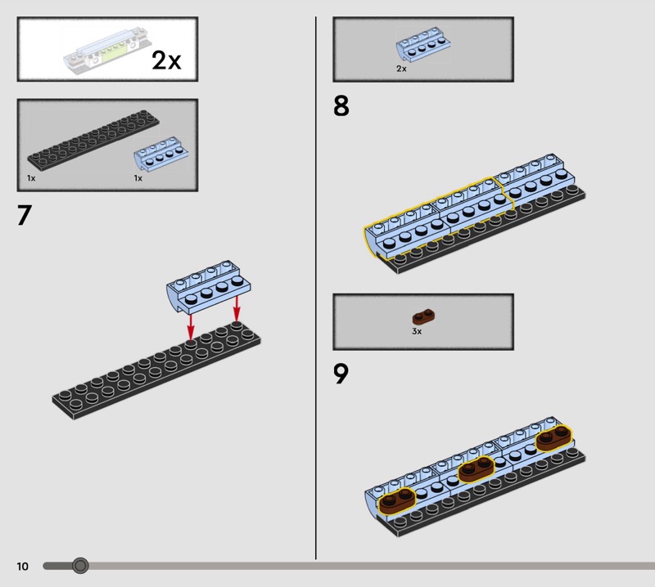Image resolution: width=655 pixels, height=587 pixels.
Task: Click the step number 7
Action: tap(25, 215)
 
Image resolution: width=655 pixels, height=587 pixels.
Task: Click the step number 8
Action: tap(341, 106)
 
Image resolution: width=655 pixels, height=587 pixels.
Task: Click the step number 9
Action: tap(341, 374)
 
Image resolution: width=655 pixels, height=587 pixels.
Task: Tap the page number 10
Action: tap(23, 566)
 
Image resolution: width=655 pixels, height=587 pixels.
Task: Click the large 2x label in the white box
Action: tap(166, 60)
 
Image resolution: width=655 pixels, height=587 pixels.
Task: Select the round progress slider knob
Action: tap(80, 566)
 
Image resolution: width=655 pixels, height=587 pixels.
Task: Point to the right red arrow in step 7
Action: tap(237, 309)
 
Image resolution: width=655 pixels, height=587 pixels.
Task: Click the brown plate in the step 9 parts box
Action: tap(423, 317)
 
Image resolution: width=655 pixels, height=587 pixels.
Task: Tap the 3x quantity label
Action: tap(417, 331)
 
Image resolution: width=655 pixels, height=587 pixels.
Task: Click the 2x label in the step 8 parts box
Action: tap(401, 69)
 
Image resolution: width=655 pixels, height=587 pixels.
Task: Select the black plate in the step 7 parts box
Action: tap(93, 141)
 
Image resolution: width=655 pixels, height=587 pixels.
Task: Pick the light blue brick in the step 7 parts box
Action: tap(160, 154)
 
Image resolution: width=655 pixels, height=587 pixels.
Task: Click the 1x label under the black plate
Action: tap(31, 178)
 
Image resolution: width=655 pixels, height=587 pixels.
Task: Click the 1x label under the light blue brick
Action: tap(138, 178)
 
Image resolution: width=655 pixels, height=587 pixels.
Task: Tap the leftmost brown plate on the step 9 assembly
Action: tap(397, 500)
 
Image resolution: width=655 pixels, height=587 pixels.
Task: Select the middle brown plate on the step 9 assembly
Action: tap(477, 469)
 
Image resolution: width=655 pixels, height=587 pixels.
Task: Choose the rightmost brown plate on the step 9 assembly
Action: tap(554, 438)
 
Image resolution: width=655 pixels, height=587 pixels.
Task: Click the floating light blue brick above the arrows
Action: tap(209, 287)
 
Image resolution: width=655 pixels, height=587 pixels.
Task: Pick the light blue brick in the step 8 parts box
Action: tap(423, 44)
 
